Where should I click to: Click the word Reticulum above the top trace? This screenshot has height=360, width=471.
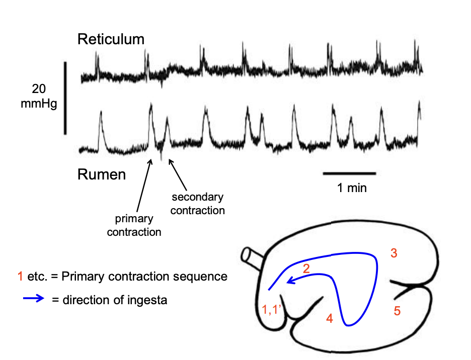(x=111, y=40)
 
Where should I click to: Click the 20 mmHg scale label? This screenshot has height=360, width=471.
(x=39, y=97)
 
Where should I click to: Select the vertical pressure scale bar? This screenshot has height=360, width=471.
(x=65, y=98)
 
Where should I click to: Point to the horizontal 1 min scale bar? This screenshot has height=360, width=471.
(x=349, y=173)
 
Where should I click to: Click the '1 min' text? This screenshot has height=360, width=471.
(x=352, y=188)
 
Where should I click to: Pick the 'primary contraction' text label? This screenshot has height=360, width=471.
(x=134, y=226)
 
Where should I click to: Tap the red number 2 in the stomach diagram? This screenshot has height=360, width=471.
(x=305, y=269)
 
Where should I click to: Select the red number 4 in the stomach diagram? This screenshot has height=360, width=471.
(x=329, y=318)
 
